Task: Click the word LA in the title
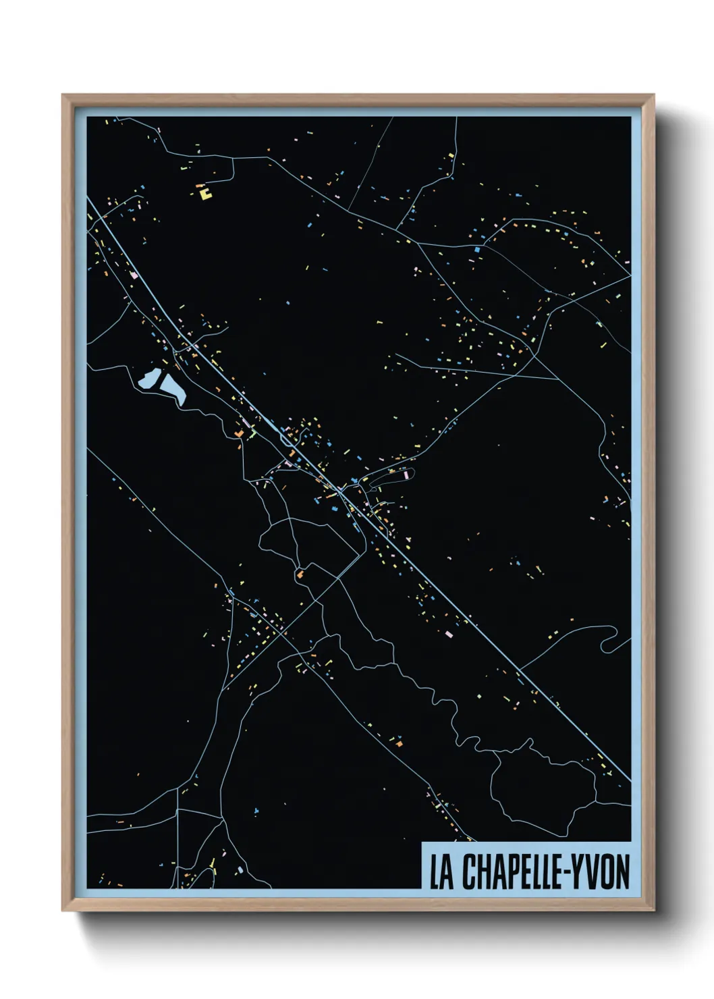[x=441, y=872]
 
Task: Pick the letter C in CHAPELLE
[x=468, y=872]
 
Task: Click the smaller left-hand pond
[x=148, y=380]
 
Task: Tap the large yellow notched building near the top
[x=204, y=194]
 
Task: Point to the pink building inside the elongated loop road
[x=406, y=475]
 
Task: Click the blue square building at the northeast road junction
[x=476, y=249]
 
